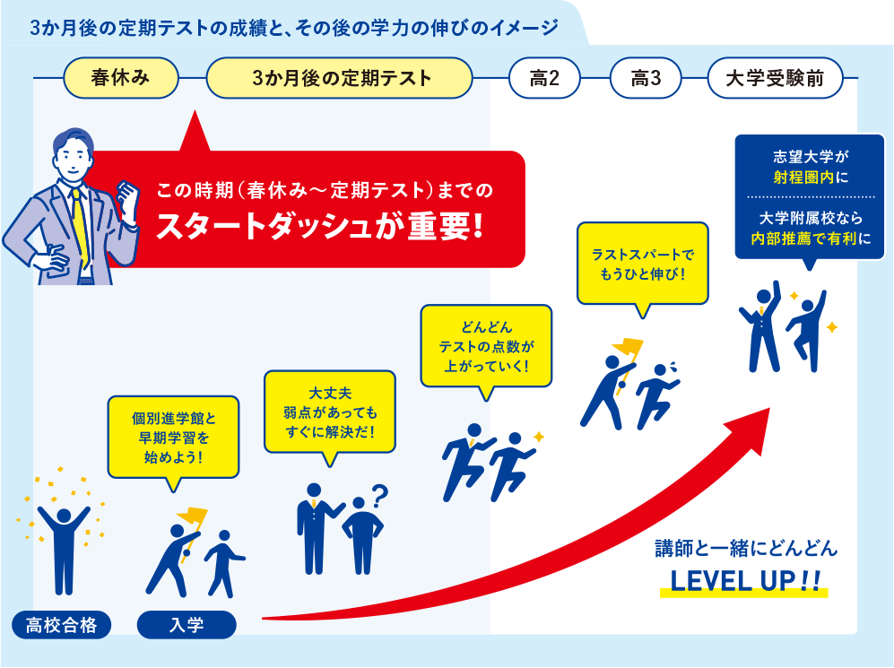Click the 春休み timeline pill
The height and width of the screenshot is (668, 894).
click(120, 79)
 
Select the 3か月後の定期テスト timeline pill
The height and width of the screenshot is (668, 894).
click(339, 79)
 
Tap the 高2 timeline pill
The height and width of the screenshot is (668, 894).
click(544, 79)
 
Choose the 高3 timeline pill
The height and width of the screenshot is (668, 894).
click(646, 79)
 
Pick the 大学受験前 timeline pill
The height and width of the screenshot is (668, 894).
click(776, 79)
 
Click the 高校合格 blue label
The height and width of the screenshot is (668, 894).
click(62, 624)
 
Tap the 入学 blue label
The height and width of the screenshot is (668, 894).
click(187, 624)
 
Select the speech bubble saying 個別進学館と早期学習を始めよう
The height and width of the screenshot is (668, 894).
click(174, 437)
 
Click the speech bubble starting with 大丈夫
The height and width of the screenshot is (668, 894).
click(329, 412)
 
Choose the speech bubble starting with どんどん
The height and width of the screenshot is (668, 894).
click(486, 345)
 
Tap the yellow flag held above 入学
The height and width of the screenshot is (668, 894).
click(193, 517)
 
